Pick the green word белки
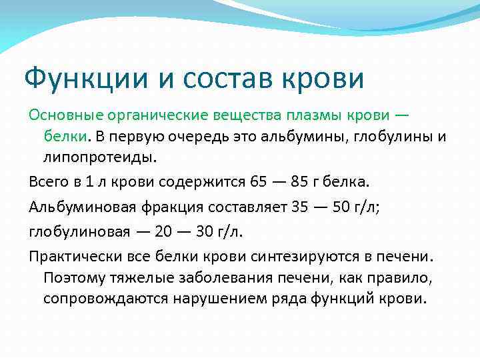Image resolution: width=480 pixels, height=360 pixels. click(65, 137)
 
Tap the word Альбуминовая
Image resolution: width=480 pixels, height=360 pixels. click(82, 207)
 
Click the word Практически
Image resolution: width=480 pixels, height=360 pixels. click(71, 256)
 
